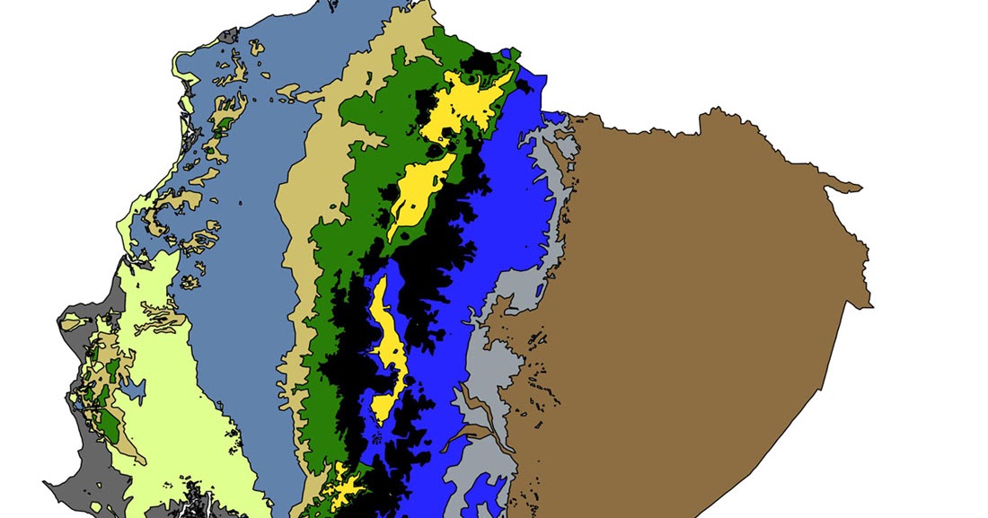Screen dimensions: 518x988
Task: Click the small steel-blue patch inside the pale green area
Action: [134, 391]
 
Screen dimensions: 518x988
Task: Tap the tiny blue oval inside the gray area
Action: [540, 289]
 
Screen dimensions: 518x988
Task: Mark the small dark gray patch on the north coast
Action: [230, 36]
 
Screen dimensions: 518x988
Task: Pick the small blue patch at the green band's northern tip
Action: [512, 53]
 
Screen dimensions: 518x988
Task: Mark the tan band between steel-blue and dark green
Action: [301, 269]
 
